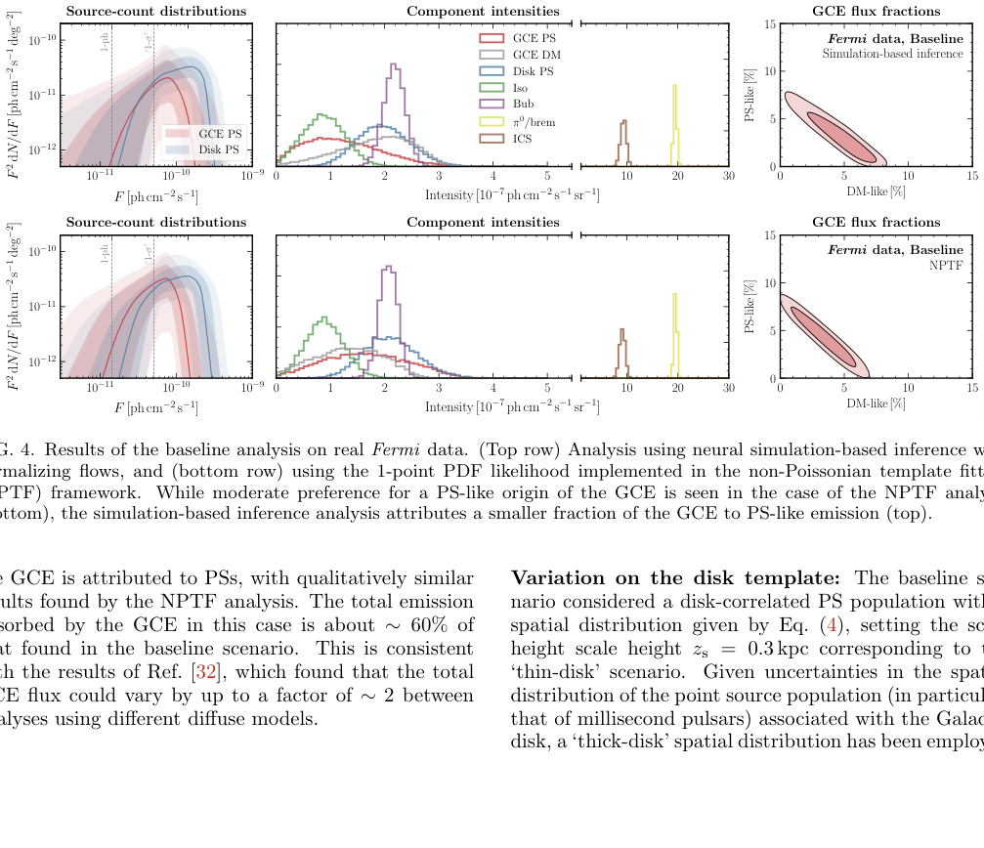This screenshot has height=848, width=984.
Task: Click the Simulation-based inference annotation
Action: click(x=892, y=54)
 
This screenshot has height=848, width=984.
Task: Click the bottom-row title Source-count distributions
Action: click(x=156, y=223)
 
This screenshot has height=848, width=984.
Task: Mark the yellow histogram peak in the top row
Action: click(x=674, y=87)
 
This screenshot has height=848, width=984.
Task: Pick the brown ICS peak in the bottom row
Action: click(x=621, y=331)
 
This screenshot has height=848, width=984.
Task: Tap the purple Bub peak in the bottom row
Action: click(x=389, y=268)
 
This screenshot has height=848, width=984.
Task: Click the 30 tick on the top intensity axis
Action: click(x=728, y=177)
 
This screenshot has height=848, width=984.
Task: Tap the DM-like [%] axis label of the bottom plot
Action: click(x=875, y=403)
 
